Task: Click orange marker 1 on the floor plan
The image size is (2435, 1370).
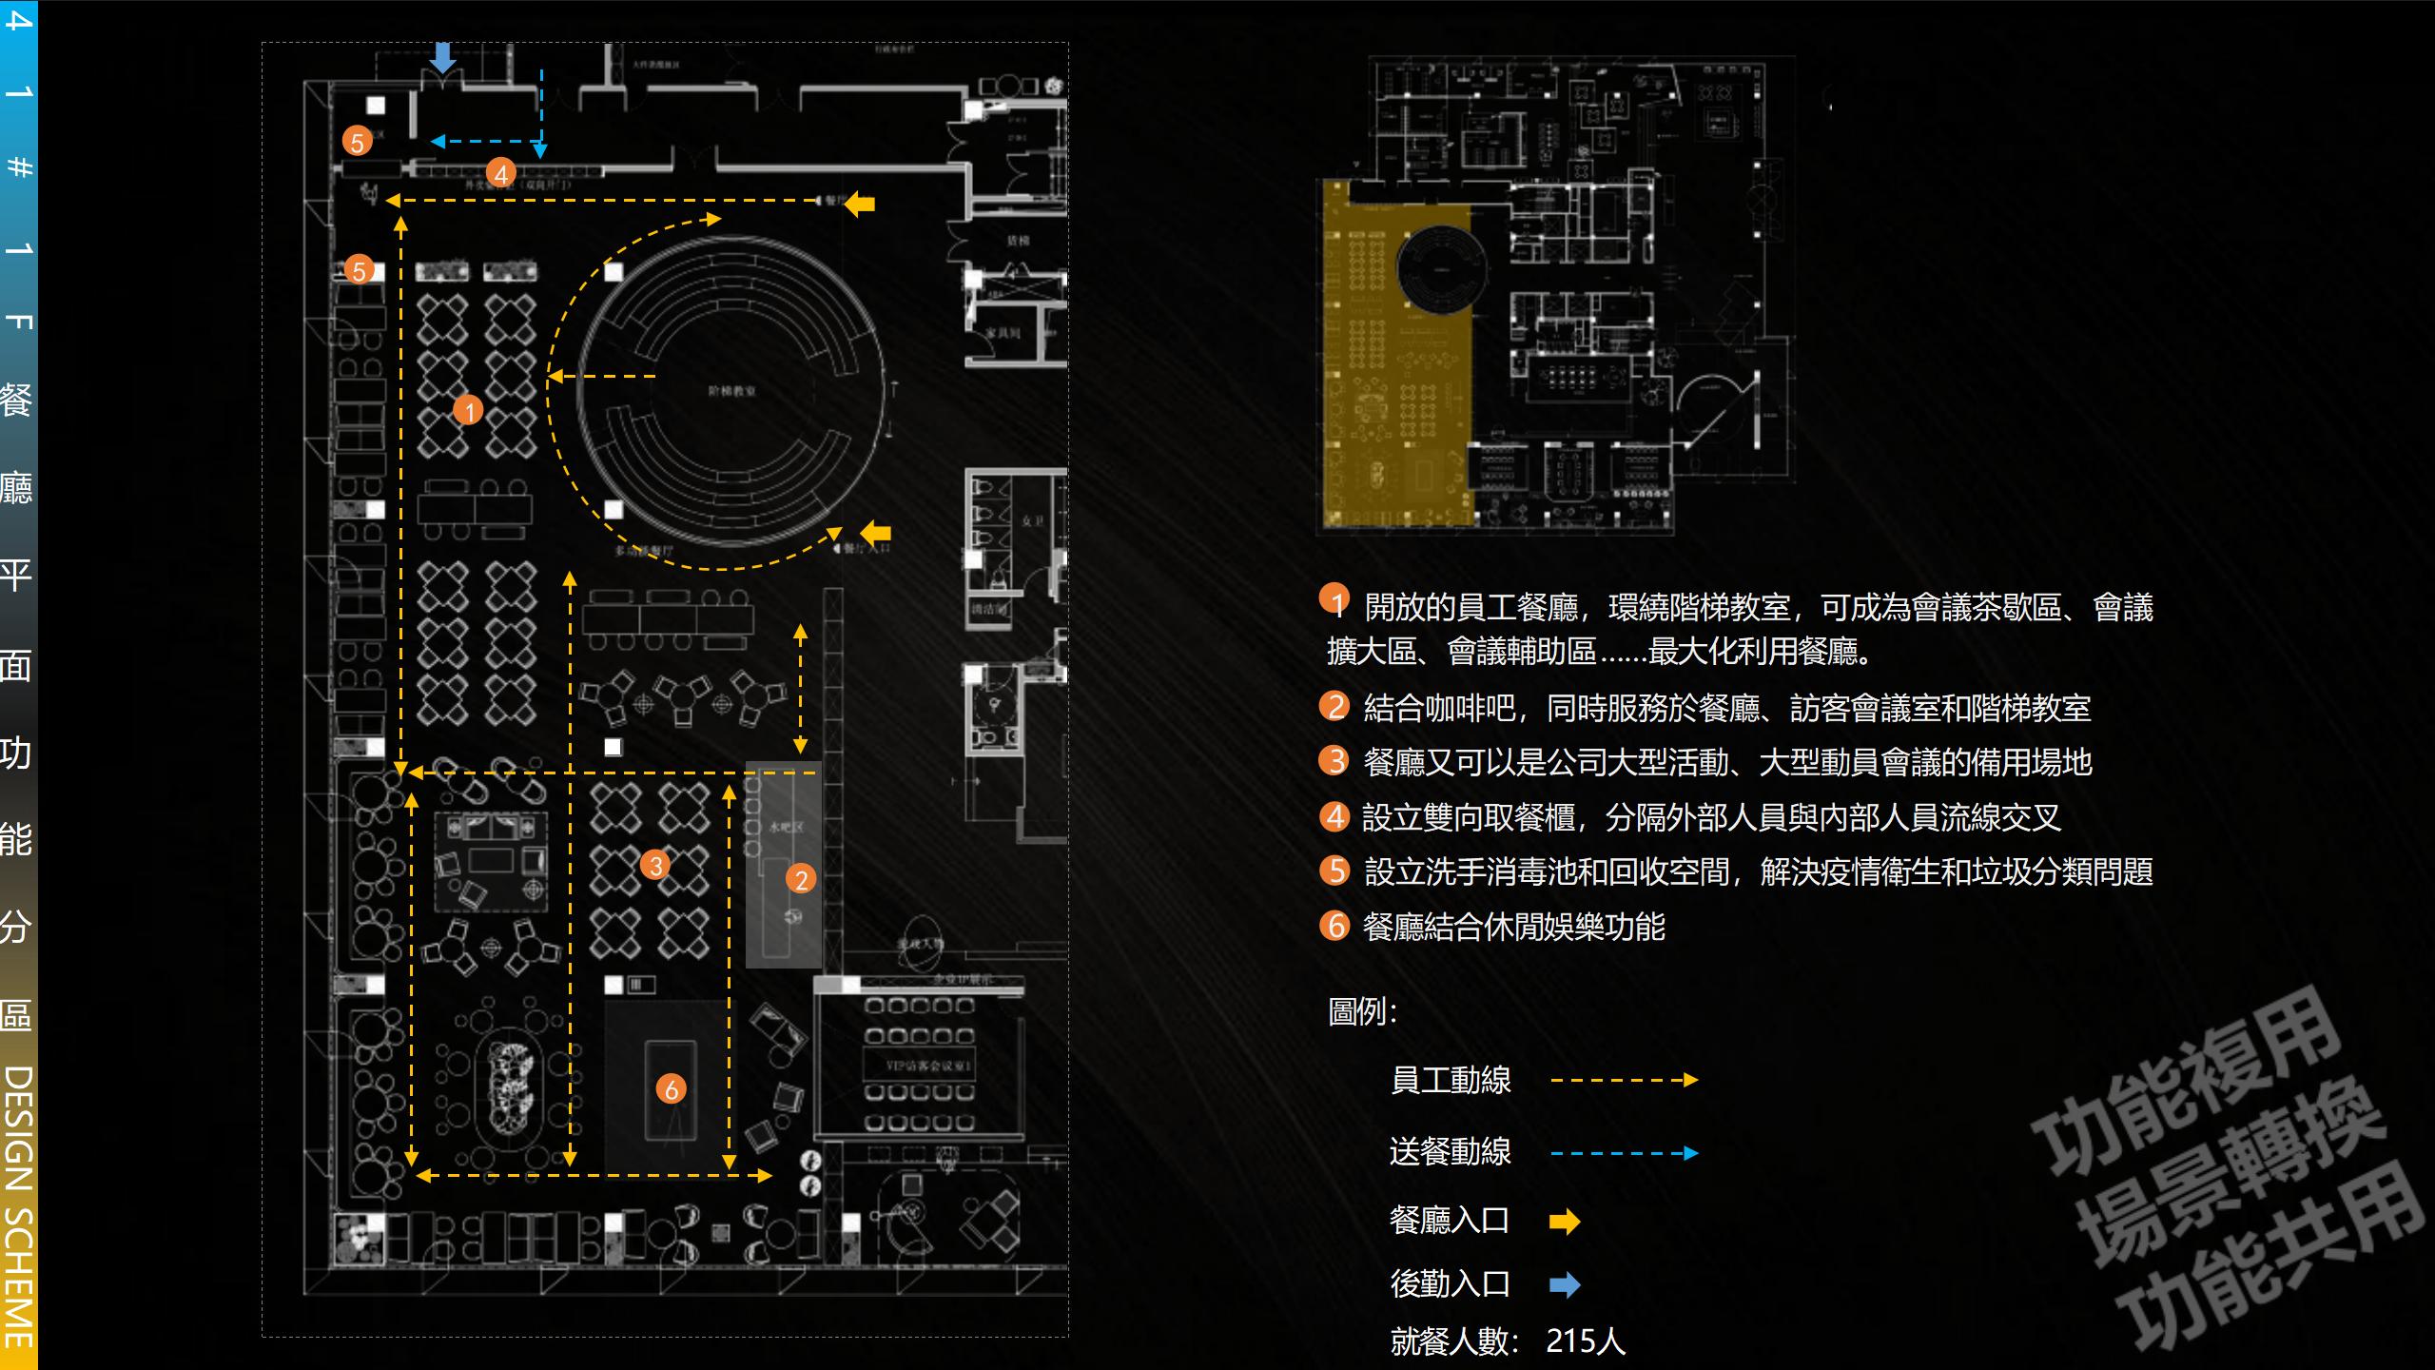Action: tap(468, 410)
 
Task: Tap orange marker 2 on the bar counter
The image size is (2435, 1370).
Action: tap(801, 879)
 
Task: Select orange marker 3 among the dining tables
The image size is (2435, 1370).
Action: tap(654, 865)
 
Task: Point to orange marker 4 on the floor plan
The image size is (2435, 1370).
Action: tap(500, 173)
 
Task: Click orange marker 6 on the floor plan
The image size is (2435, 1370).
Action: tap(671, 1089)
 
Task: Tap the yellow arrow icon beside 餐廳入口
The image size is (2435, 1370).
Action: tap(1564, 1222)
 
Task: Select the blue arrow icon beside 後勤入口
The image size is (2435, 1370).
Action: tap(1564, 1285)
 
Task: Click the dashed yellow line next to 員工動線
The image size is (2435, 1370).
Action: tap(1624, 1080)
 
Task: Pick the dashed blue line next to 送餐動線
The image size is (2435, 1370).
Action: tap(1624, 1153)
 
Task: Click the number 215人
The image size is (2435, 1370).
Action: tap(1586, 1341)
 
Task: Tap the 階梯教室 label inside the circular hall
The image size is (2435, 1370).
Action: tap(731, 391)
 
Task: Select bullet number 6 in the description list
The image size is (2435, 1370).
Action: tap(1334, 925)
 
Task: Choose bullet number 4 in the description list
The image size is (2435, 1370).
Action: tap(1334, 816)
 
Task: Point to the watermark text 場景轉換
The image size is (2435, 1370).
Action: tap(2230, 1170)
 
